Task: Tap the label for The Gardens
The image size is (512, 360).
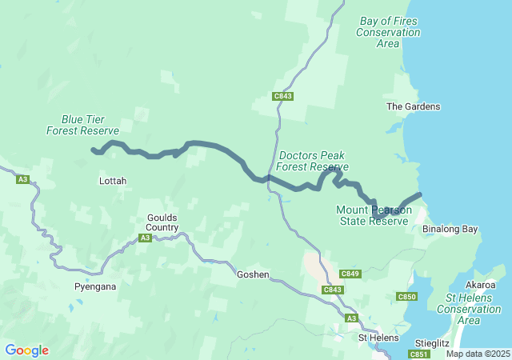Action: (413, 106)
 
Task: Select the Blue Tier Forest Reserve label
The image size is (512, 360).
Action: (82, 124)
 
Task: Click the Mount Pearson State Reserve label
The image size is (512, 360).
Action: (374, 215)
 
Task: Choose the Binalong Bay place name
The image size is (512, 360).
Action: (450, 229)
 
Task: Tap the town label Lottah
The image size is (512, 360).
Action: (112, 181)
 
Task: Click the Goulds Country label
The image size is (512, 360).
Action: (162, 222)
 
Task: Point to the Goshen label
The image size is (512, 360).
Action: (253, 274)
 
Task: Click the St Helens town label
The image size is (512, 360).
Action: (378, 338)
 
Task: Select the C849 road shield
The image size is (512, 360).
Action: (350, 274)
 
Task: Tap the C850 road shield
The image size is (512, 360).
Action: (407, 297)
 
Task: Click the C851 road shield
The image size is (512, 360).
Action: (419, 354)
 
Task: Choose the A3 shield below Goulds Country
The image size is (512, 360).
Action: (145, 238)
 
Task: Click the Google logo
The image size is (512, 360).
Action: (26, 350)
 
